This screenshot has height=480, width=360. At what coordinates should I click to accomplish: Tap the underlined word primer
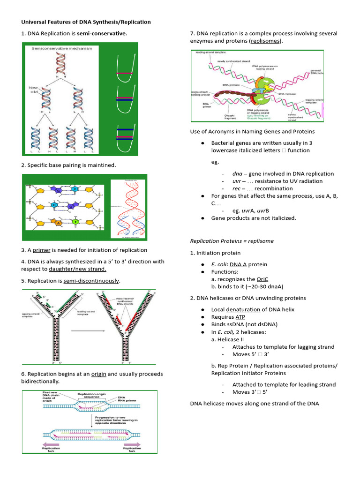tap(41, 250)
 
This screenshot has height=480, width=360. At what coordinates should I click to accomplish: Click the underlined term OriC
tap(262, 279)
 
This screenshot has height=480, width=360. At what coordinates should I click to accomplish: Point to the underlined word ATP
tap(240, 317)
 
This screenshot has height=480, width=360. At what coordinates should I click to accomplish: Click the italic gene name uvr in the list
tap(236, 181)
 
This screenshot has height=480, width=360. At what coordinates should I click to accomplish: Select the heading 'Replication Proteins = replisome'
tap(232, 241)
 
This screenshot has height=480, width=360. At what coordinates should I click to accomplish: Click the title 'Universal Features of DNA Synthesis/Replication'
tap(86, 22)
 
